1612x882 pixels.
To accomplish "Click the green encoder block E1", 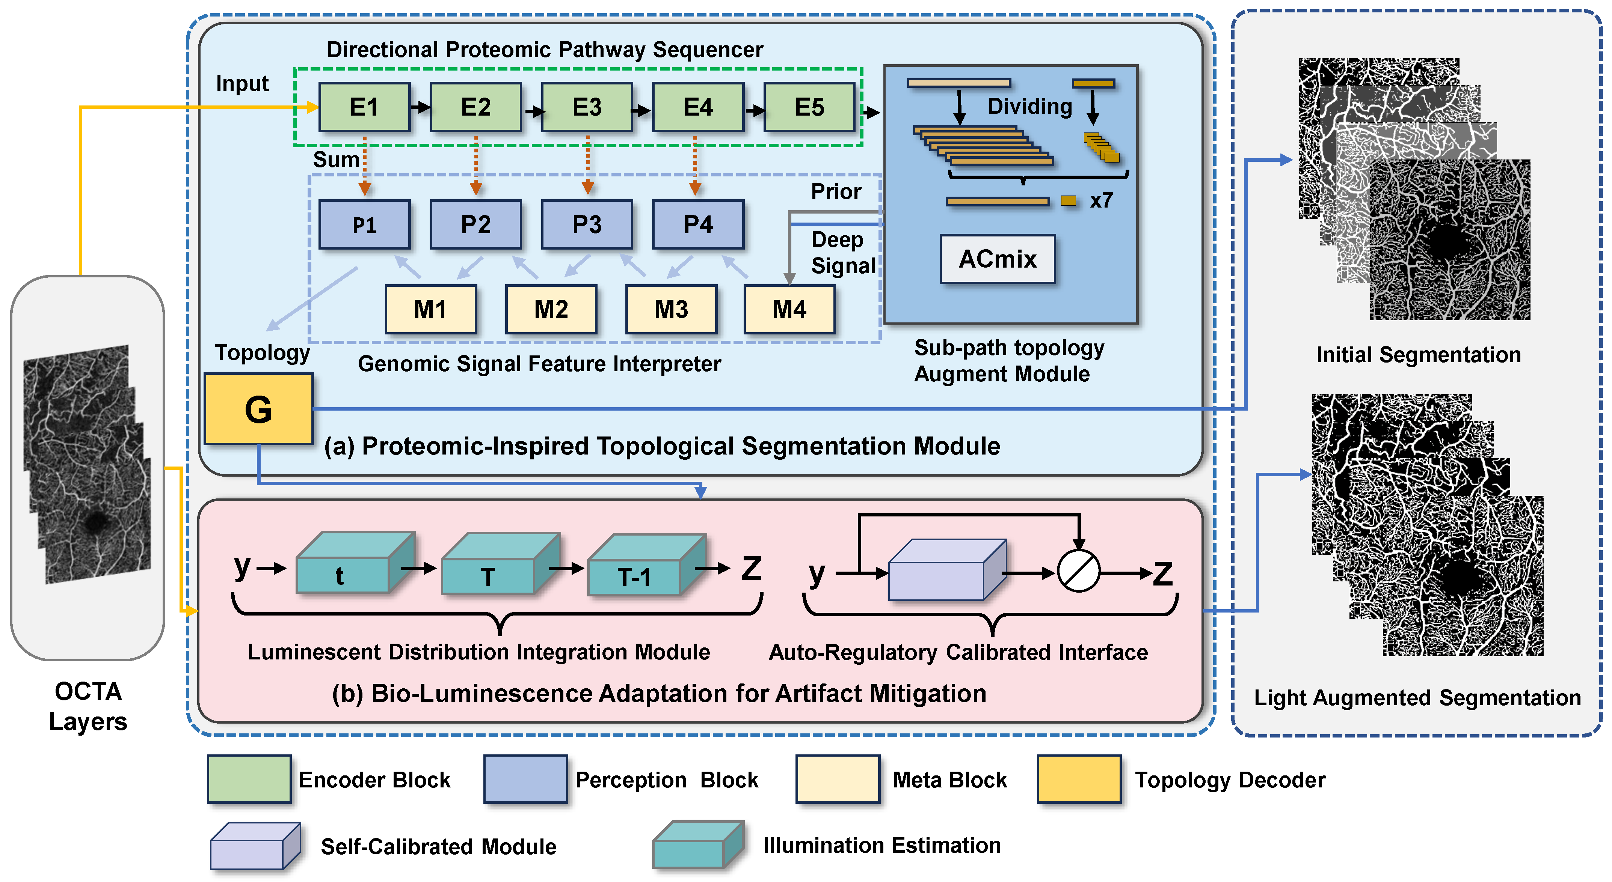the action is (364, 107).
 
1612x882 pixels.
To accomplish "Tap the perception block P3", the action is (587, 224).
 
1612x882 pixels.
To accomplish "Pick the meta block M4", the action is (789, 309).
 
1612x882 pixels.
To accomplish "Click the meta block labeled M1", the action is (430, 309).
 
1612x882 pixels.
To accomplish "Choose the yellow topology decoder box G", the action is (258, 409).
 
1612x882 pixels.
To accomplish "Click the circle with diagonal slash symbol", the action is (1078, 571).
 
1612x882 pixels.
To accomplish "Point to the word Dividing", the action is (1030, 106).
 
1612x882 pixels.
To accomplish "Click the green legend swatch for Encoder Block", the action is (249, 779).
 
